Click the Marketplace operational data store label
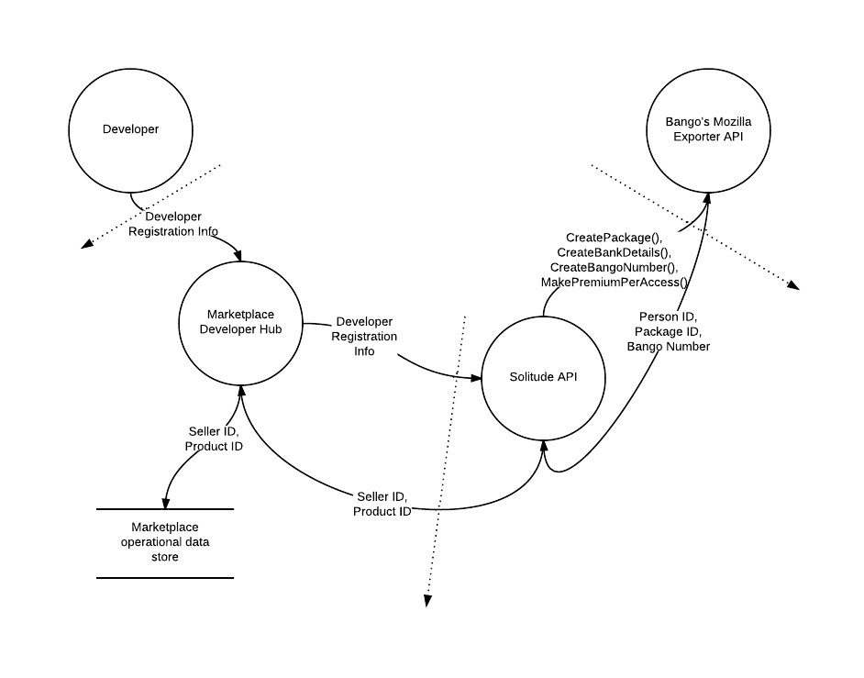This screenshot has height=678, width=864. coord(165,542)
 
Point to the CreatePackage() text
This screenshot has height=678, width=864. coord(614,238)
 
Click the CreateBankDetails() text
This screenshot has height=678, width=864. coord(614,252)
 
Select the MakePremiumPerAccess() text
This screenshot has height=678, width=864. coord(614,283)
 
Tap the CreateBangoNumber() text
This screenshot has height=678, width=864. coord(614,267)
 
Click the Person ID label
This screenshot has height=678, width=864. coord(667,317)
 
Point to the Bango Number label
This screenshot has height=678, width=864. coord(669,347)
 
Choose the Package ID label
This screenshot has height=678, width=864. coord(667,332)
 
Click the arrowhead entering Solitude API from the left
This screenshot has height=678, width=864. coord(475,378)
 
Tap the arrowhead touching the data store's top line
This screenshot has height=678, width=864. coord(165,504)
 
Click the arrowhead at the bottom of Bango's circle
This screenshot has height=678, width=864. coord(707,199)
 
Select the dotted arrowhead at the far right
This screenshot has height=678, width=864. coord(793,285)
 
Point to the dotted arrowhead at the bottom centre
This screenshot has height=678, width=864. coord(427,601)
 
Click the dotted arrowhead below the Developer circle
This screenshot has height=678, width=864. coord(87,244)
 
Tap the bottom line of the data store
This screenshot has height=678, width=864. coord(165,578)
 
